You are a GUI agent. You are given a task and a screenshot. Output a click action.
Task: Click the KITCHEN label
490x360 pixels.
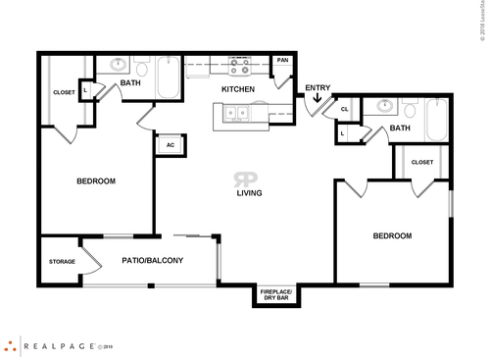point(238,89)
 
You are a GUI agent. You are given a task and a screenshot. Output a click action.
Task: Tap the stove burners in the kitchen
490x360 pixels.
point(238,67)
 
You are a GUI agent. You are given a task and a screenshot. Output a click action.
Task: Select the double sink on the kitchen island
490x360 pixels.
point(236,115)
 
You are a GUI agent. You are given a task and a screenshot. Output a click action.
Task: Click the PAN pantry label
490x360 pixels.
point(282,61)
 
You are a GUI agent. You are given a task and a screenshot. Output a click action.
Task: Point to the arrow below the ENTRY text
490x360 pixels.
point(317,99)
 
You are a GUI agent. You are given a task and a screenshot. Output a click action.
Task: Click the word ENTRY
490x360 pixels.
point(318,88)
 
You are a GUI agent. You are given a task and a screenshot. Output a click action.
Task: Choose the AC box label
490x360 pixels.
point(171,145)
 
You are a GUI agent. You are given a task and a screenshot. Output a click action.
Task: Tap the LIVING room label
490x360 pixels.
point(249,193)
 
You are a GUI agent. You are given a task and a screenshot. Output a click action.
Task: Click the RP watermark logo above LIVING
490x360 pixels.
point(245,179)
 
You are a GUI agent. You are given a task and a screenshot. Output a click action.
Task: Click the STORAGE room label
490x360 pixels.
point(62,262)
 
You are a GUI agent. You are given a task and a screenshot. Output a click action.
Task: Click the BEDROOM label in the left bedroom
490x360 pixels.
point(96,181)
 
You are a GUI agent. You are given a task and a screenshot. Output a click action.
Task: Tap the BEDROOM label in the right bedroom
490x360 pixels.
point(391,236)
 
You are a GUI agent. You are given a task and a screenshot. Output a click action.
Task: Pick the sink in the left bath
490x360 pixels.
point(120,67)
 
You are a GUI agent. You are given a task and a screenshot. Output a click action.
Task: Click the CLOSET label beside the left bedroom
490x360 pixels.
point(64,93)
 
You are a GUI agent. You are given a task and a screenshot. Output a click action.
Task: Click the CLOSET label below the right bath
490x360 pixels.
point(421,162)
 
